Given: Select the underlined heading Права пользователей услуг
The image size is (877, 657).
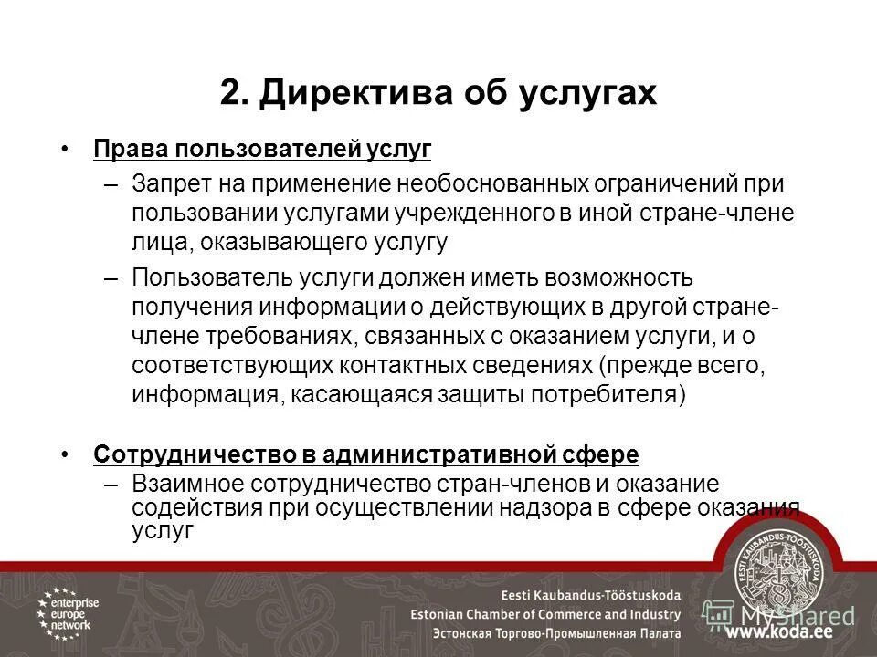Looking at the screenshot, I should coord(262,148).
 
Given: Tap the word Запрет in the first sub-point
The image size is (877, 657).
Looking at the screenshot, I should coord(170,183).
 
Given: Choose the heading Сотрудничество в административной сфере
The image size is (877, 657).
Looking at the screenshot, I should coord(366,454).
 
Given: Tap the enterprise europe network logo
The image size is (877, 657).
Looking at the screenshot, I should coord(68,610).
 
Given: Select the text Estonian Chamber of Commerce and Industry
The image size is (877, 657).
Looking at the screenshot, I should coord(545,614).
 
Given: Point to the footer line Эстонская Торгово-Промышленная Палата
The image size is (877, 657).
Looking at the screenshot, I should coord(545,633).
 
